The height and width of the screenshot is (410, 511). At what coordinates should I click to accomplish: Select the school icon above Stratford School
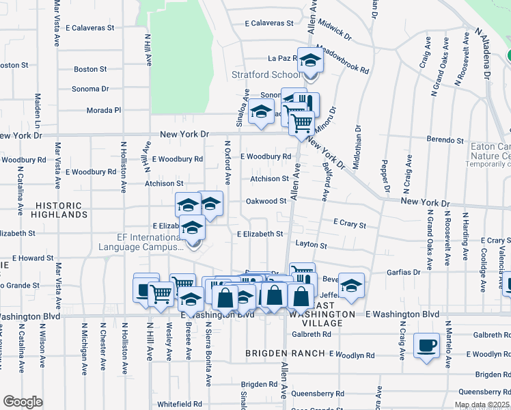(x=310, y=62)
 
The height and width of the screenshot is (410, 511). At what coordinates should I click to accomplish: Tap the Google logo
(x=23, y=402)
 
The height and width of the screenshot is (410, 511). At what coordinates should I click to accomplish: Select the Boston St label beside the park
(x=90, y=69)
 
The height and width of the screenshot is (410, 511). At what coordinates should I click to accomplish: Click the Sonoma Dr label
(x=91, y=89)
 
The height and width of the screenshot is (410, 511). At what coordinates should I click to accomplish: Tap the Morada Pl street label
(x=103, y=110)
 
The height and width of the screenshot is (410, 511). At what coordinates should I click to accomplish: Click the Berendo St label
(x=445, y=140)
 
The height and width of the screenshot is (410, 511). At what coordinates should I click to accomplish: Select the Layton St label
(x=311, y=244)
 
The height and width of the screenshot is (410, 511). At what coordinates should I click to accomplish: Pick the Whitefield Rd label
(x=180, y=404)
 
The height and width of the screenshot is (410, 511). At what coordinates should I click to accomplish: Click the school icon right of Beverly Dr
(x=351, y=286)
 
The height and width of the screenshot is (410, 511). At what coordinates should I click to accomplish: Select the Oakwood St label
(x=266, y=201)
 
